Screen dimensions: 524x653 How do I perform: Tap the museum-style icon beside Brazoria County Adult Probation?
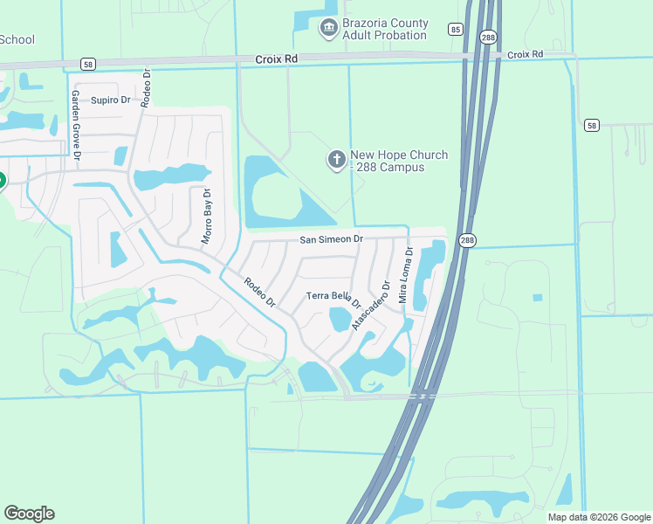click(328, 29)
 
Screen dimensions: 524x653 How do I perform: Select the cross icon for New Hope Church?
click(336, 160)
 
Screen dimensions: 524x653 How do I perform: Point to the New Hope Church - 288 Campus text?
click(399, 161)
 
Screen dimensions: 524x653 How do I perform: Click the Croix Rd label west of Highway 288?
click(277, 59)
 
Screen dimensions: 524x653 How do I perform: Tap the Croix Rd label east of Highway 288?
click(525, 54)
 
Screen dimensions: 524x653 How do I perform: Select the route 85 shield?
click(456, 30)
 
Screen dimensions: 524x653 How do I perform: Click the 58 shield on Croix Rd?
click(86, 64)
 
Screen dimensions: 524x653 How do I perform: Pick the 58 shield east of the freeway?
click(592, 126)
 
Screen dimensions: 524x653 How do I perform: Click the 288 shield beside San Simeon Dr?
click(467, 241)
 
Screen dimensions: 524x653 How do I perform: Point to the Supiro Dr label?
click(110, 100)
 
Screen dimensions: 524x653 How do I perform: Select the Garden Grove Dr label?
click(76, 124)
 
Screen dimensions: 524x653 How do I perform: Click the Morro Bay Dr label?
click(207, 217)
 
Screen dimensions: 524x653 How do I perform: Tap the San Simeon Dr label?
click(331, 238)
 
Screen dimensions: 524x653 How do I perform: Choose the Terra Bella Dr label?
click(333, 297)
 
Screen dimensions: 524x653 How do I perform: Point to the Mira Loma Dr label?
click(404, 274)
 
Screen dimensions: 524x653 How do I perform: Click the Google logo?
click(29, 514)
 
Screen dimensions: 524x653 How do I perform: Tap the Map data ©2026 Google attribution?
click(598, 517)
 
